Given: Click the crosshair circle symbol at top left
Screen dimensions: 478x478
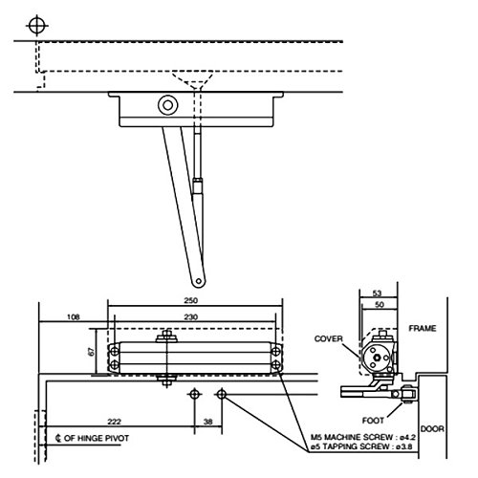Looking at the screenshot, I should (x=36, y=24).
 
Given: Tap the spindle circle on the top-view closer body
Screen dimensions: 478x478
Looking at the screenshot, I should (x=169, y=105).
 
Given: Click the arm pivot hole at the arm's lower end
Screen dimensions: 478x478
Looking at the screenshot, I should (x=200, y=280).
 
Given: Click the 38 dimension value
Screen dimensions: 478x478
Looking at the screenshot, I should (x=208, y=421).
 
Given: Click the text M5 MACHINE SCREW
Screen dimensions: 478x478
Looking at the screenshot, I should (x=352, y=436).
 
